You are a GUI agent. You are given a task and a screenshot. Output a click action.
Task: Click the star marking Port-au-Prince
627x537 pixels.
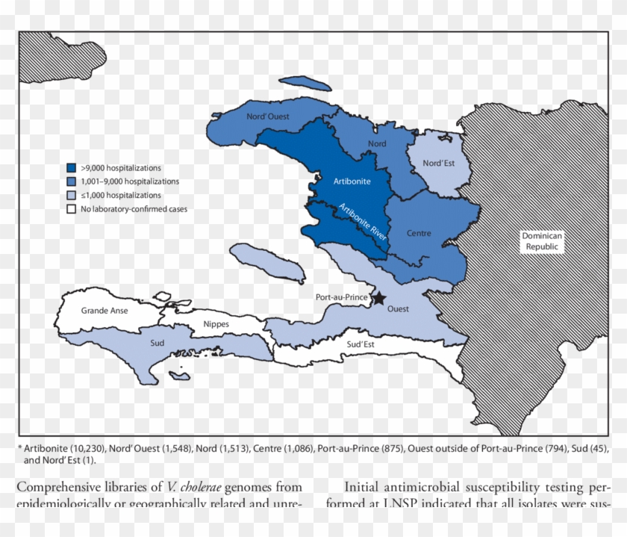coord(378,298)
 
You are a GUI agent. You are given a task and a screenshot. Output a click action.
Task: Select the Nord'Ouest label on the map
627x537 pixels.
coord(268,117)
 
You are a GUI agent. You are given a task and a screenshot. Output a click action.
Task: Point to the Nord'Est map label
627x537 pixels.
coord(438,163)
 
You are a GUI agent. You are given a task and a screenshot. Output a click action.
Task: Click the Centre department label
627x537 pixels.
coord(419,233)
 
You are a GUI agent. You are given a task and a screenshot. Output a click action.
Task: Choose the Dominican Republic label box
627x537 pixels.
coord(542,240)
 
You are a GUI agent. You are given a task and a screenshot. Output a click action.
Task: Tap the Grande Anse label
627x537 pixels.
coord(104,309)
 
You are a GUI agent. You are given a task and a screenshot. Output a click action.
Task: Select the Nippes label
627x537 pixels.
coord(216,324)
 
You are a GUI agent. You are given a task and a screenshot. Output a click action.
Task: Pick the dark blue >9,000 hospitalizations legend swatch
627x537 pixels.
coord(72,168)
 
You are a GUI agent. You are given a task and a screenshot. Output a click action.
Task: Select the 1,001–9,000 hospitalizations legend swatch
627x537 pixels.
coord(72,181)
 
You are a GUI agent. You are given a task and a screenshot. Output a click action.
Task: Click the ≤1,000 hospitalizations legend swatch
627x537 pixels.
coord(72,195)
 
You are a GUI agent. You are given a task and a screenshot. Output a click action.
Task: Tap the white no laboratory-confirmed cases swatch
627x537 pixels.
coord(72,209)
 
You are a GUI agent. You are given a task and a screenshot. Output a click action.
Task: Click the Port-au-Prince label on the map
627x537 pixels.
coord(340,297)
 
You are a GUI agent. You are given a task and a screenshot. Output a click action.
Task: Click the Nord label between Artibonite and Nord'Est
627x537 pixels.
coord(377,143)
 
